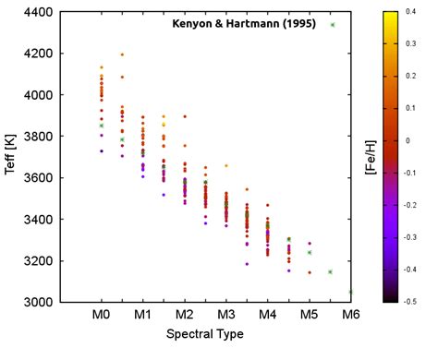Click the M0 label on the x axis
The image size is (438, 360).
coord(102,316)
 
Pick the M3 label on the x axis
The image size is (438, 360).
coord(226,316)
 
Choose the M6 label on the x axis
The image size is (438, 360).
coord(350,316)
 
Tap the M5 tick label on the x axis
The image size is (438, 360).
coord(310,316)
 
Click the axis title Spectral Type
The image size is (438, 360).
coord(205,334)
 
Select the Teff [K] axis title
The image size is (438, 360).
coord(11,157)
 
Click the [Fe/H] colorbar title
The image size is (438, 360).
coord(421,157)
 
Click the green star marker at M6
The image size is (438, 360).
coord(350,292)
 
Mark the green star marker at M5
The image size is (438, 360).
coord(310,252)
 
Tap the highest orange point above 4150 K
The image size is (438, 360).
coord(122,54)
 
